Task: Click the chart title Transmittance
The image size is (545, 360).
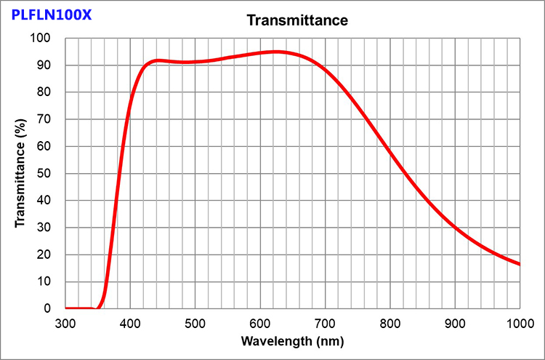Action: pos(297,20)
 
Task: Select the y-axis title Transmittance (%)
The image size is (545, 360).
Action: pos(21,174)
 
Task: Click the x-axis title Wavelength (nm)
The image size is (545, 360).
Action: pos(292,340)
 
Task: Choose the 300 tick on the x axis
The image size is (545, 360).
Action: pos(65,322)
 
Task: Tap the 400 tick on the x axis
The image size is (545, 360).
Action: pos(130,322)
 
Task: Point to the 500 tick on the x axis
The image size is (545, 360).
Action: pos(195,322)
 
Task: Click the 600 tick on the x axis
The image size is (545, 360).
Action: pos(260,322)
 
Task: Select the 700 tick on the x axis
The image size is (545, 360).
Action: pos(325,322)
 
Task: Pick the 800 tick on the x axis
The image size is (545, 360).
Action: pos(390,322)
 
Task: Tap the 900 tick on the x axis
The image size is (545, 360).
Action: pos(455,322)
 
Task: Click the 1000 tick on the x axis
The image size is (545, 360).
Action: pos(519,322)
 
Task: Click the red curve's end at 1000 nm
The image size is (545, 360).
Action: pos(519,264)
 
